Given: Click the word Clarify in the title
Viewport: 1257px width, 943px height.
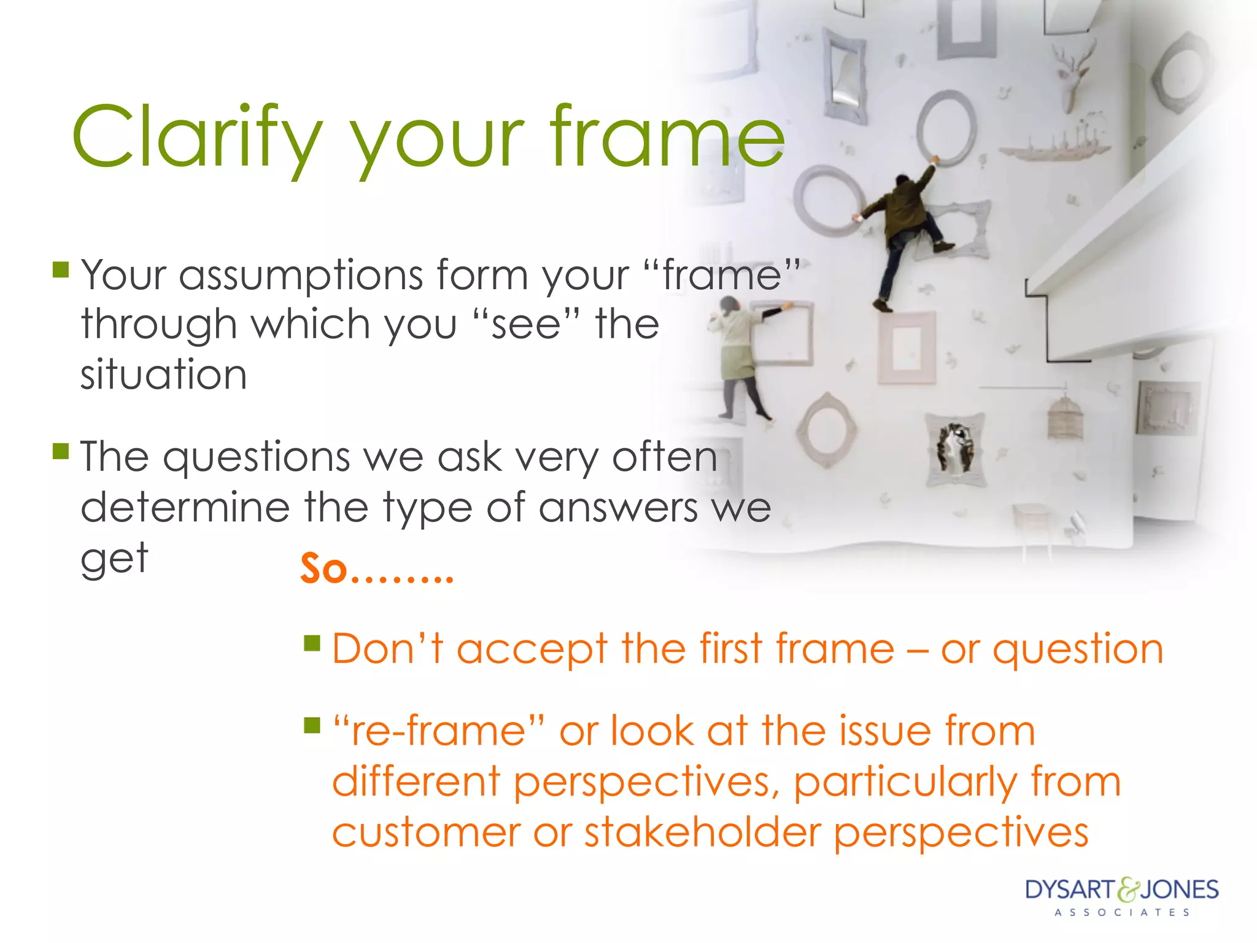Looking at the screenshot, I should tap(196, 136).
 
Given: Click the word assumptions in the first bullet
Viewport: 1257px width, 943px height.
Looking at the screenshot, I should tap(301, 275).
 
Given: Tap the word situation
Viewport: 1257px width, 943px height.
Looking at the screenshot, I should tap(164, 374).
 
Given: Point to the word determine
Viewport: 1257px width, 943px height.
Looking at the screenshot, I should tap(185, 508).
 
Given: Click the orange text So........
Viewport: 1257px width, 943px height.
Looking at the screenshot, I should tap(324, 569).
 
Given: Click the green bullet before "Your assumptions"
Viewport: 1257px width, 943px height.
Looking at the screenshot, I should tap(61, 270).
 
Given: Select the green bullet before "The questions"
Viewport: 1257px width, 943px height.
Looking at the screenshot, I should tap(61, 451).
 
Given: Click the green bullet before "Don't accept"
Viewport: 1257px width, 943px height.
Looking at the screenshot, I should tap(312, 643).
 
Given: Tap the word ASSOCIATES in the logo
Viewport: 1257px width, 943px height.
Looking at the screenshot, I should tap(1122, 913).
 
